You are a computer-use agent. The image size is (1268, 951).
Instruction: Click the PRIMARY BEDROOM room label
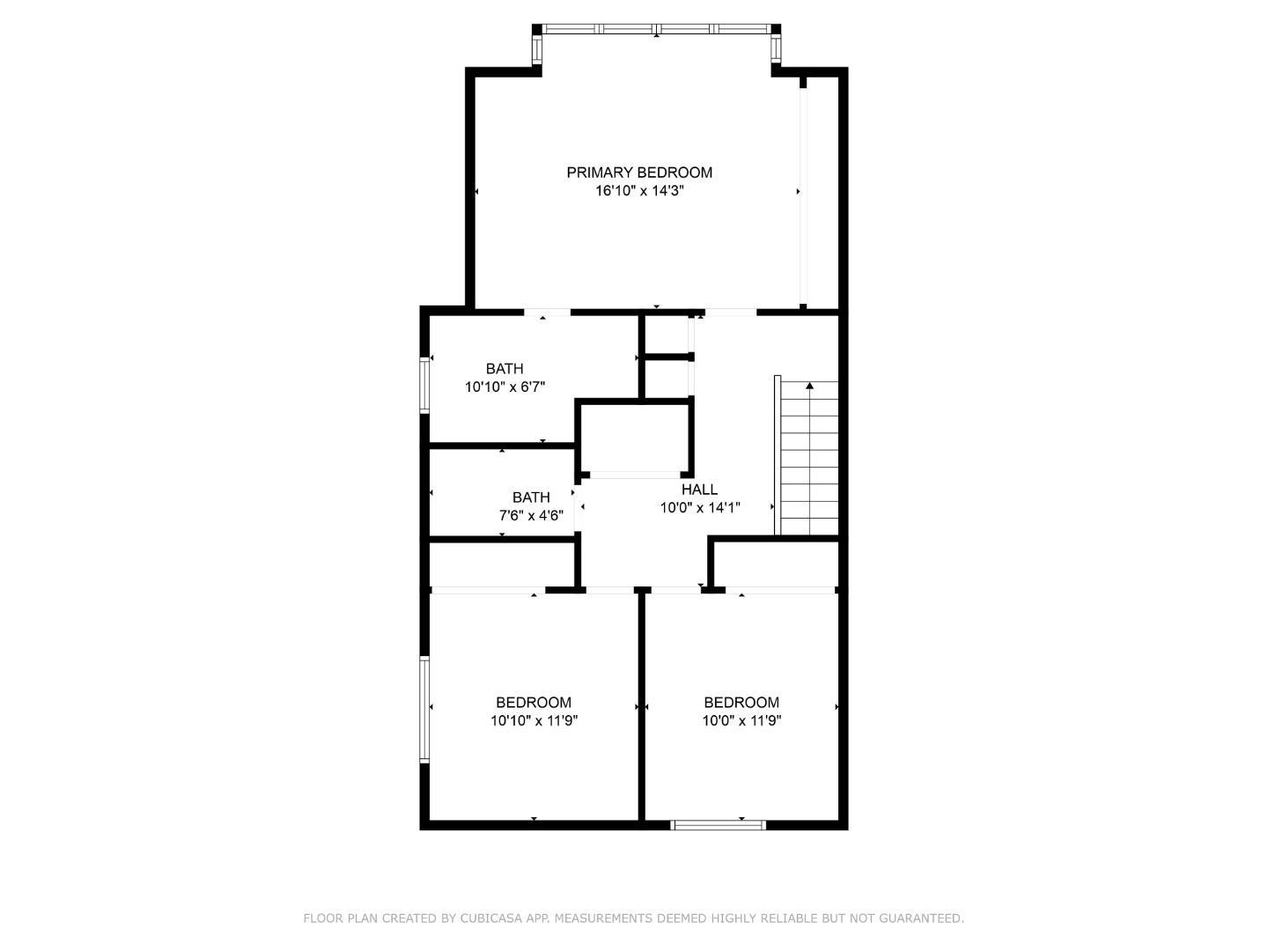pos(639,173)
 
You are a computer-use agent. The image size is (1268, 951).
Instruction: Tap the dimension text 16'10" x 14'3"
pos(639,191)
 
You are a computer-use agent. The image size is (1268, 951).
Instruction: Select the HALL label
pos(699,490)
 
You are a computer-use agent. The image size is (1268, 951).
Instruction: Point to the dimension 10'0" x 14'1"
pos(700,508)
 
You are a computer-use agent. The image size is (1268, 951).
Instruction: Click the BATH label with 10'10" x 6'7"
pos(505,369)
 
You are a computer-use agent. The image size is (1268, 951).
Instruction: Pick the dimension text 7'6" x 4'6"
pos(531,516)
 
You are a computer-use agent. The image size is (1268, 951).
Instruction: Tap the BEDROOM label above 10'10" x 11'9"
pos(534,703)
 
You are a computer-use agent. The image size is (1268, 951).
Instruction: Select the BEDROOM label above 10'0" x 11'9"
pos(741,703)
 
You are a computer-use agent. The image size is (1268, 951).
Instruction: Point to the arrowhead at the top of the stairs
pos(809,386)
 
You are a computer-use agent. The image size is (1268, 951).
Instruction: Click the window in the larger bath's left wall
pos(424,385)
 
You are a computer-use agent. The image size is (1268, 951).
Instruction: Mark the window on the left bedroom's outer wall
pos(424,710)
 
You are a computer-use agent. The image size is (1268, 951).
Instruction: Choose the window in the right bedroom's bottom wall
pos(719,825)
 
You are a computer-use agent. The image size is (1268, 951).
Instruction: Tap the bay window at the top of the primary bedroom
pos(657,29)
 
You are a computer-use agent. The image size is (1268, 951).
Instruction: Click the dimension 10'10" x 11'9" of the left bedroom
pos(534,721)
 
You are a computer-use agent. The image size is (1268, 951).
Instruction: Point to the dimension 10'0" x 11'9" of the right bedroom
pos(741,721)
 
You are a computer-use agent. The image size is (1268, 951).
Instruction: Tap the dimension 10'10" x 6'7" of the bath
pos(505,387)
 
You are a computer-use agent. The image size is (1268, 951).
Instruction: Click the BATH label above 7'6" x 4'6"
pos(531,498)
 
